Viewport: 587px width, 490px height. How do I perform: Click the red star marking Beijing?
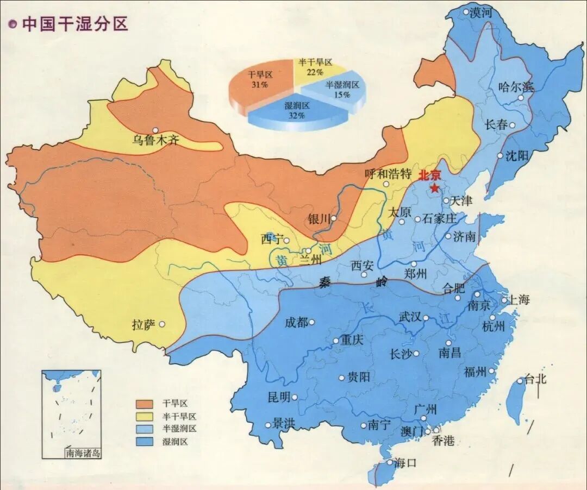435,188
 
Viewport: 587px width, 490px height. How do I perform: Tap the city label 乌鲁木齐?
155,141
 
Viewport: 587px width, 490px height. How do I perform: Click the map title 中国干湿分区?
74,24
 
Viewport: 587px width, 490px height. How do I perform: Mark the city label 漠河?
480,12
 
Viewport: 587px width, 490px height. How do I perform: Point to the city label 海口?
405,463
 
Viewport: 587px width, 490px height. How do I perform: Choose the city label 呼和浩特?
388,174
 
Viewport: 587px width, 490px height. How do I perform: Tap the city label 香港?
442,441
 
